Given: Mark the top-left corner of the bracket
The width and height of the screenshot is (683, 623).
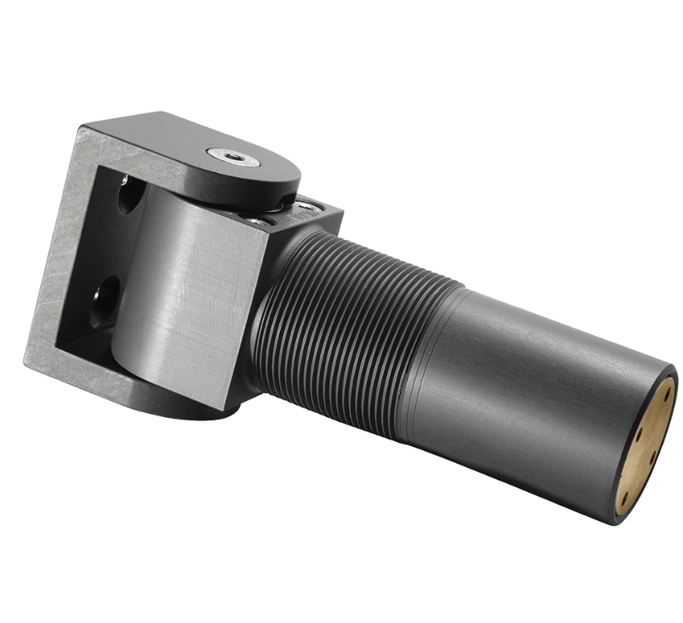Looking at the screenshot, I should [x=83, y=127].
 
